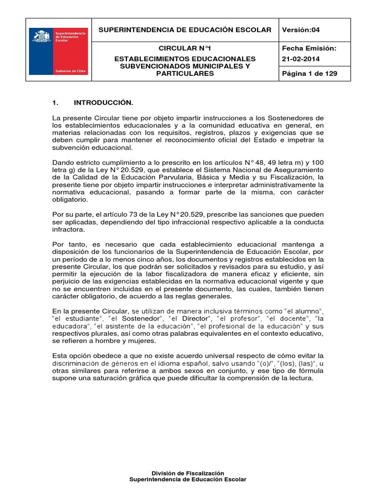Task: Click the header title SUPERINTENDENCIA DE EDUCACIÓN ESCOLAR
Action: [185, 30]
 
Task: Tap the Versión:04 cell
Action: [301, 30]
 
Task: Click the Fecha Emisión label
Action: [309, 49]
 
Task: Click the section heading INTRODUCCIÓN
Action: [103, 103]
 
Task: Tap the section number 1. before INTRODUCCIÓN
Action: [55, 103]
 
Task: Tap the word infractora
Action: [68, 229]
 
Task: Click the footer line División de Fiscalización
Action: [188, 473]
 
